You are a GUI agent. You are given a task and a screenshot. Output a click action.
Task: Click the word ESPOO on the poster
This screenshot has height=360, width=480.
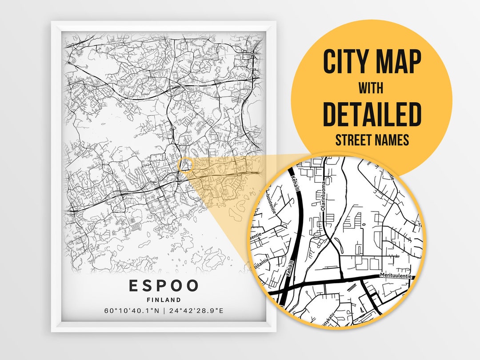[x=164, y=286]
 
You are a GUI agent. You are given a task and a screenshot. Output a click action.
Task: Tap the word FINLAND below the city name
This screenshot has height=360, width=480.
[x=164, y=300]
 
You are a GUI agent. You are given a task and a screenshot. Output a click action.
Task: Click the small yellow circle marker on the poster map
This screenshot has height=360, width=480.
[x=185, y=165]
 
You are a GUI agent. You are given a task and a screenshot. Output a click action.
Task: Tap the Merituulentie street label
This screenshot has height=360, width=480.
[x=396, y=276]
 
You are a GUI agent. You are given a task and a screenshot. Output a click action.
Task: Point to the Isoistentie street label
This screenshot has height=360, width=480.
[x=271, y=203]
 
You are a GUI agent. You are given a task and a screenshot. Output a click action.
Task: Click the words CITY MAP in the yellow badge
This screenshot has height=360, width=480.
[x=372, y=62]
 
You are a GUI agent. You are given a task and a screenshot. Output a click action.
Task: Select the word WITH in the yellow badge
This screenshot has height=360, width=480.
[x=372, y=88]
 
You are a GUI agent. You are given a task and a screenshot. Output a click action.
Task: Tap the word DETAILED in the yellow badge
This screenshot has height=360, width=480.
[x=372, y=114]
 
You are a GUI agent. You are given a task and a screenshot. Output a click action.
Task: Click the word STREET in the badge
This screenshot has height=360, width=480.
[x=354, y=140]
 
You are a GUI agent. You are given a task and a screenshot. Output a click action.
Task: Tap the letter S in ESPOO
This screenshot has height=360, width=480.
[x=148, y=286]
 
